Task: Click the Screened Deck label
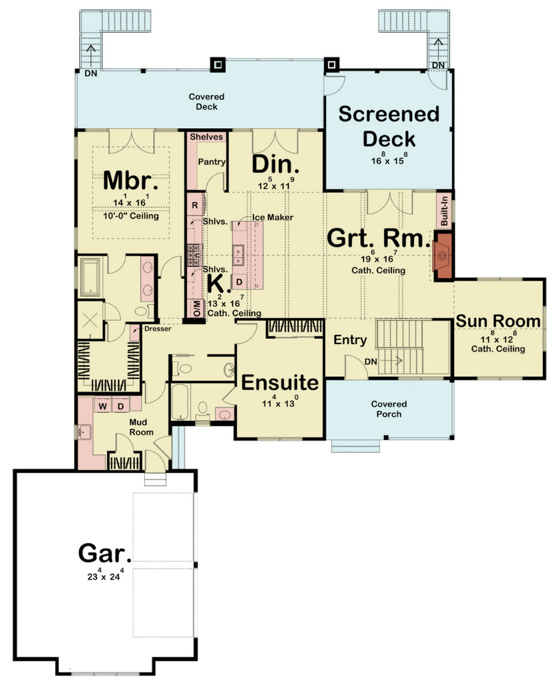[389, 126]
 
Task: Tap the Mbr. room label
[131, 180]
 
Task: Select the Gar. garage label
[105, 553]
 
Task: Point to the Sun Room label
[498, 321]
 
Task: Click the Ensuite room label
[280, 382]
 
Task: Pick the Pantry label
[212, 161]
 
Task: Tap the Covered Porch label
[389, 409]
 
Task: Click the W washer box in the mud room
[103, 406]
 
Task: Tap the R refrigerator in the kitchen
[195, 205]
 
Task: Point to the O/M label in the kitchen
[197, 308]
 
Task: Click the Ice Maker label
[272, 217]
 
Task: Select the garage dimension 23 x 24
[105, 576]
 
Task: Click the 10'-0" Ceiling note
[131, 215]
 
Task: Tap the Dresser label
[158, 329]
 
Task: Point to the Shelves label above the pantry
[206, 136]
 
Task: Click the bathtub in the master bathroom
[90, 277]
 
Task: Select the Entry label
[350, 339]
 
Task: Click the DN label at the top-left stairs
[91, 73]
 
